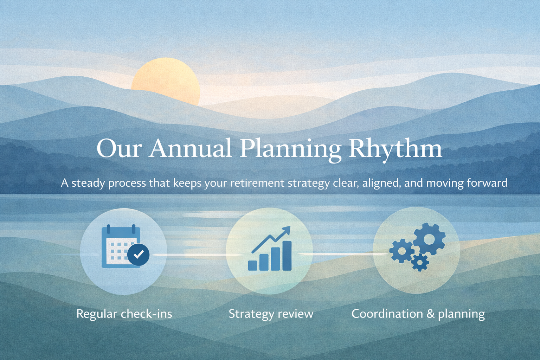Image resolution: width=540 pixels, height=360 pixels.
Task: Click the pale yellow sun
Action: pos(166,81)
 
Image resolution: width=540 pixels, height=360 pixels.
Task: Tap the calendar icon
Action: pos(121,246)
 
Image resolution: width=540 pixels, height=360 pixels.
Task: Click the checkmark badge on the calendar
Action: pos(138,255)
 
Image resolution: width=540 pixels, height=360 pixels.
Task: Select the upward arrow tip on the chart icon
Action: pos(288,229)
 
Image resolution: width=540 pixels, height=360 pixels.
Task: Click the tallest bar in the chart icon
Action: pos(287,256)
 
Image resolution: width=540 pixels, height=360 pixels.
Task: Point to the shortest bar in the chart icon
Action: pos(252,265)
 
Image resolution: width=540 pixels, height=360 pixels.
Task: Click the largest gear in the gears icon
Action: pos(429,239)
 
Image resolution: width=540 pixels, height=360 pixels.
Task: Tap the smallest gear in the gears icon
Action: pos(420,262)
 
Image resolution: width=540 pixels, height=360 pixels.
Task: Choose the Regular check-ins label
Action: pos(124,314)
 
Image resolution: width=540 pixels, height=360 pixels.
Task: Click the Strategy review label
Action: pos(271,314)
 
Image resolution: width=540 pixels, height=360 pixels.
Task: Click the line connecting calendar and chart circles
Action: pos(197,255)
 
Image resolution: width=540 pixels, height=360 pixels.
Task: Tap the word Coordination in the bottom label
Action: pos(387,314)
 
